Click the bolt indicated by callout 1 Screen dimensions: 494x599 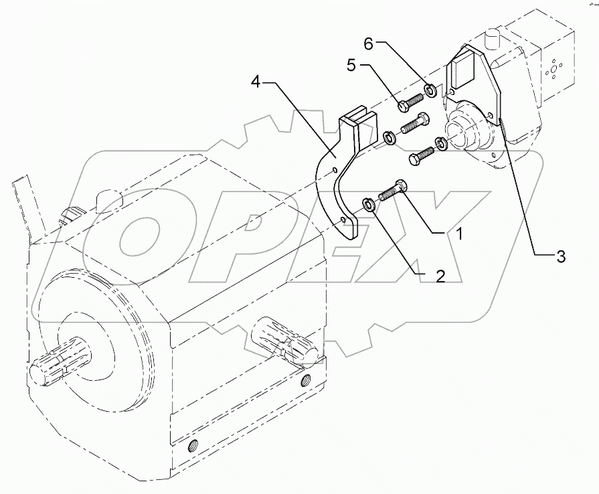tap(394, 191)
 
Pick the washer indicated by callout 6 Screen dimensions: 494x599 tap(430, 89)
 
